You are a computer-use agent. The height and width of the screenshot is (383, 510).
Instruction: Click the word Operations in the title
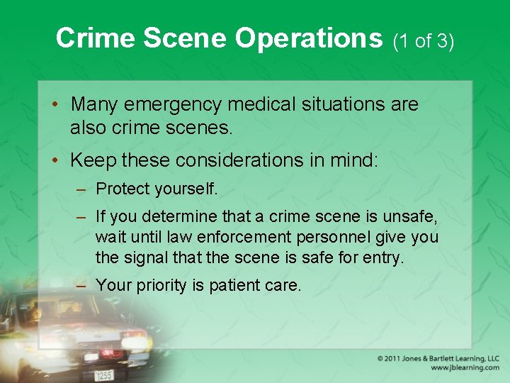(x=308, y=38)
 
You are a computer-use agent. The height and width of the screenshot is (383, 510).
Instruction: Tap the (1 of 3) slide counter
(x=423, y=41)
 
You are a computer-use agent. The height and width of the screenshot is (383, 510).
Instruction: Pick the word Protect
(x=121, y=189)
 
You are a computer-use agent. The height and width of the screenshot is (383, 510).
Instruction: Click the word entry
(x=384, y=257)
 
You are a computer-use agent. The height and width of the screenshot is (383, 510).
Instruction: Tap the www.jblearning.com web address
(x=464, y=368)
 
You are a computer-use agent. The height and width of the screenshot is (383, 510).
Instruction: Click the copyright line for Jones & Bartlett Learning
(x=438, y=358)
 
